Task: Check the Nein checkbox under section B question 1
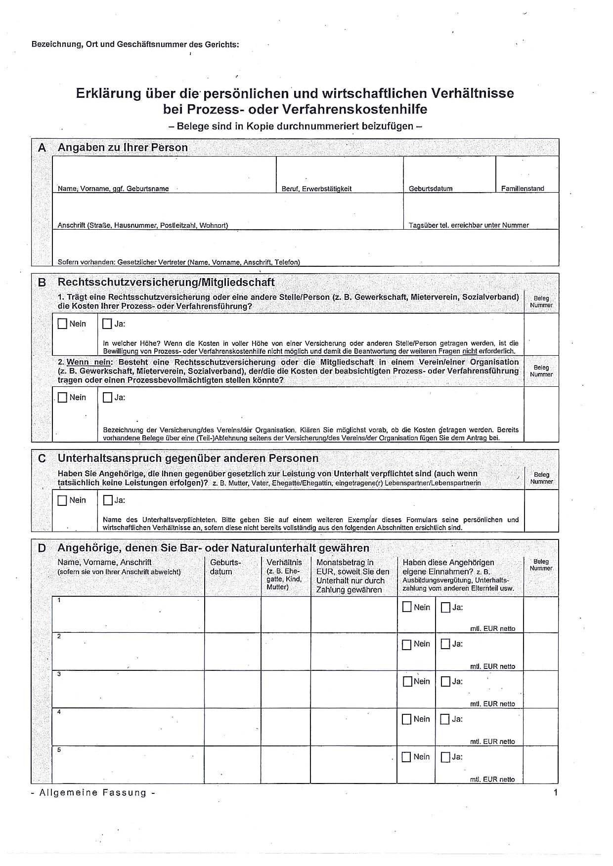tap(62, 324)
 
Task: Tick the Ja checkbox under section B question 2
tap(107, 397)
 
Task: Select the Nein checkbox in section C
tap(62, 500)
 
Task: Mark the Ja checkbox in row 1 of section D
tap(445, 608)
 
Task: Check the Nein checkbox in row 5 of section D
tap(407, 757)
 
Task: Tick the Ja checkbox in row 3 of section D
tap(445, 682)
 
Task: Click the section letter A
tap(42, 148)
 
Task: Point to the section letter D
tap(42, 548)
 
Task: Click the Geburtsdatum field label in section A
tap(431, 189)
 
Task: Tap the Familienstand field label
tap(523, 189)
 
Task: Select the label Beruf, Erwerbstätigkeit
tap(316, 189)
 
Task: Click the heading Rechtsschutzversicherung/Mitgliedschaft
tap(166, 283)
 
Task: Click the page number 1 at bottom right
tap(556, 793)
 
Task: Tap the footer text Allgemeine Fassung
tap(93, 793)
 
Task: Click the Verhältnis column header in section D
tap(284, 563)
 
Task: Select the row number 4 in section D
tap(59, 712)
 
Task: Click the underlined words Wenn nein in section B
tap(89, 362)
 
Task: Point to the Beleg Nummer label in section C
tap(541, 478)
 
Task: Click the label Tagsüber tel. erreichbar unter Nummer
tap(469, 225)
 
